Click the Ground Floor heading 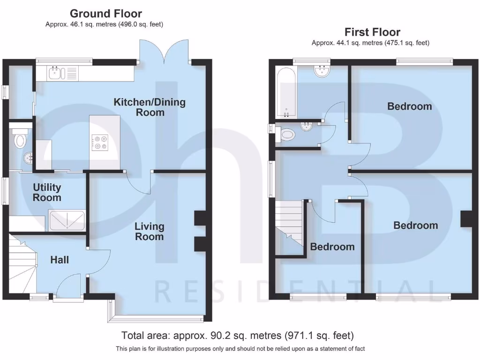pyautogui.click(x=105, y=14)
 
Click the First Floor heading pyautogui.click(x=372, y=32)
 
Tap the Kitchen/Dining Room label pyautogui.click(x=150, y=107)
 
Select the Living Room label pyautogui.click(x=150, y=232)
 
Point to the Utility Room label pyautogui.click(x=47, y=192)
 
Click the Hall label pyautogui.click(x=60, y=259)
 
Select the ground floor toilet pyautogui.click(x=20, y=140)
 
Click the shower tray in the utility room pyautogui.click(x=67, y=221)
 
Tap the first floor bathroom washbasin pyautogui.click(x=322, y=72)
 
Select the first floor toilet pyautogui.click(x=286, y=135)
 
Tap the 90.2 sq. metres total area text pyautogui.click(x=237, y=336)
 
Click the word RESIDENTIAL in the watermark pyautogui.click(x=294, y=291)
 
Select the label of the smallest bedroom pyautogui.click(x=332, y=247)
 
